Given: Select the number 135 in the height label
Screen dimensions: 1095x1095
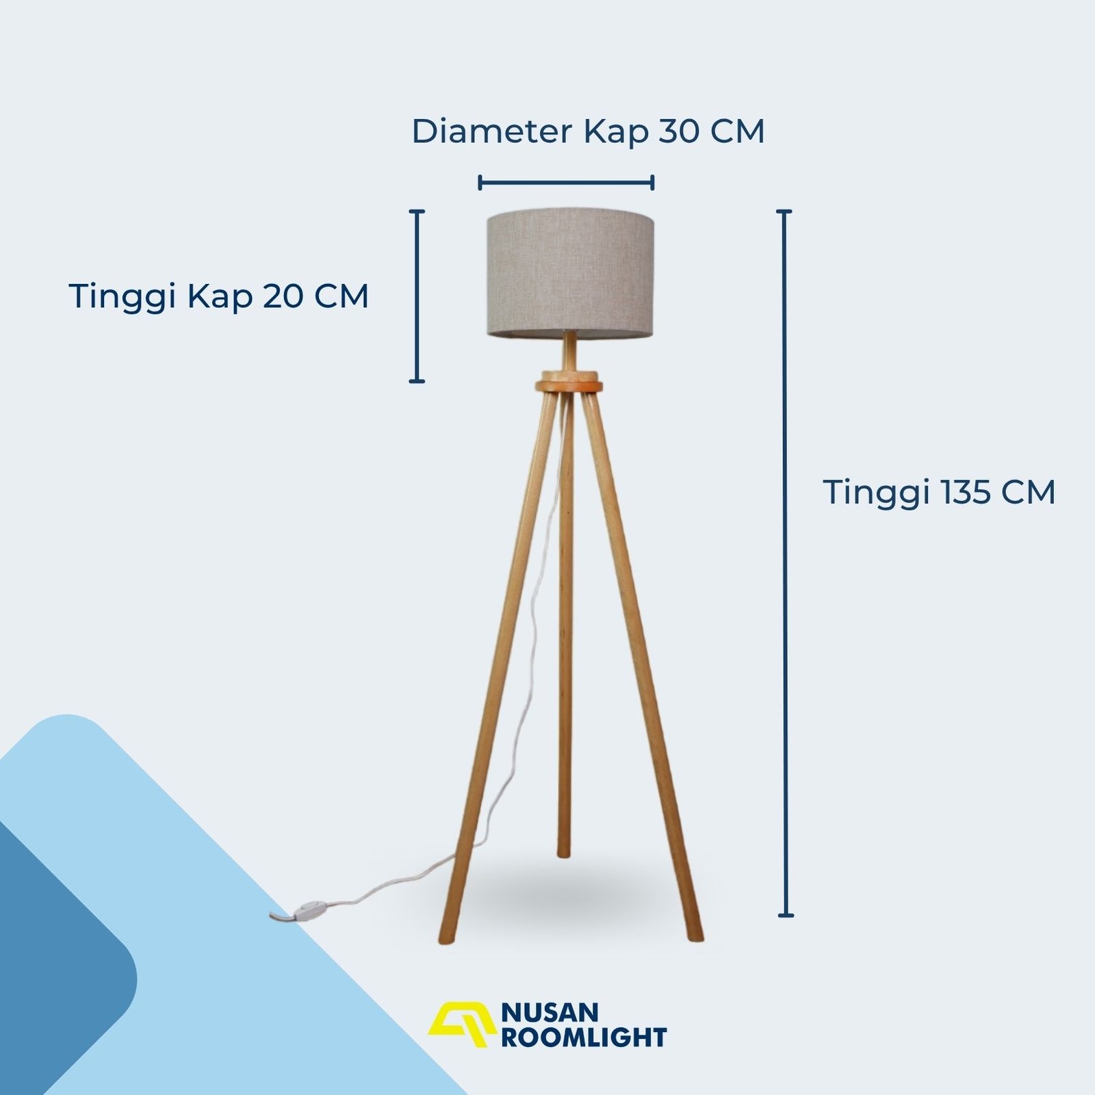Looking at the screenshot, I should pyautogui.click(x=968, y=493).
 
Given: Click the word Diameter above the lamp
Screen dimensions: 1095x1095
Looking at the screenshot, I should pyautogui.click(x=491, y=131).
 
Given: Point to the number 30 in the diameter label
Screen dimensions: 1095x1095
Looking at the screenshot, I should pyautogui.click(x=680, y=131).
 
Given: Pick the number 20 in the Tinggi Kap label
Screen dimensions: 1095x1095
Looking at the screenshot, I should pyautogui.click(x=285, y=296).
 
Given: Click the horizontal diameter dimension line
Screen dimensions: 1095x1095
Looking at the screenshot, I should pyautogui.click(x=567, y=182).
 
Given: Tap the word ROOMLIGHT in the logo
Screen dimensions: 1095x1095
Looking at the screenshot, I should pyautogui.click(x=584, y=1038).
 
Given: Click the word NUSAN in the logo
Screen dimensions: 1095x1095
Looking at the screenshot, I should pyautogui.click(x=550, y=1012).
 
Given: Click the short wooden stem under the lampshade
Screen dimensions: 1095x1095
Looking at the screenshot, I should pyautogui.click(x=570, y=353).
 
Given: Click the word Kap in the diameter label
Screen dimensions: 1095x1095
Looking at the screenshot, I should pyautogui.click(x=615, y=131).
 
